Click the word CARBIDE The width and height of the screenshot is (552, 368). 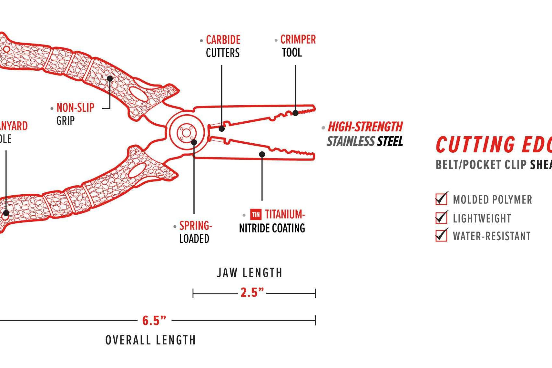(223, 40)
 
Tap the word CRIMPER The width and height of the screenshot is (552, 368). (298, 40)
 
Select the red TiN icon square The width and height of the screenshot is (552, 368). (256, 214)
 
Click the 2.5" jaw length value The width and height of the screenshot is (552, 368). (252, 292)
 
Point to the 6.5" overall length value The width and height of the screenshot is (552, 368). (154, 321)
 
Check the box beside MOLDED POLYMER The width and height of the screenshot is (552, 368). (441, 199)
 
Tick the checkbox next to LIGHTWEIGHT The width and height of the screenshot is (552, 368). (441, 218)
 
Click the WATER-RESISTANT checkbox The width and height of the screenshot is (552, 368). (441, 235)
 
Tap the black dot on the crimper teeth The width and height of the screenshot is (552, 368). (295, 113)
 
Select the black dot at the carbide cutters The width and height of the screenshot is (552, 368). (222, 128)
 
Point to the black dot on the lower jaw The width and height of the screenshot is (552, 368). (262, 155)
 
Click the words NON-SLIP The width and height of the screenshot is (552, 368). (75, 107)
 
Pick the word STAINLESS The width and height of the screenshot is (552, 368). (351, 141)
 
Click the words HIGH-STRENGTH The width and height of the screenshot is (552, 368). (365, 127)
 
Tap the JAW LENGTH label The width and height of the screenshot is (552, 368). (250, 273)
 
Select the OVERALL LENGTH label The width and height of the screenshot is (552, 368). (150, 340)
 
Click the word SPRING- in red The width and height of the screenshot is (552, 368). (196, 225)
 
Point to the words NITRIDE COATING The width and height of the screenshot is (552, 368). (272, 228)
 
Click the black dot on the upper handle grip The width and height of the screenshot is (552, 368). (110, 78)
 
